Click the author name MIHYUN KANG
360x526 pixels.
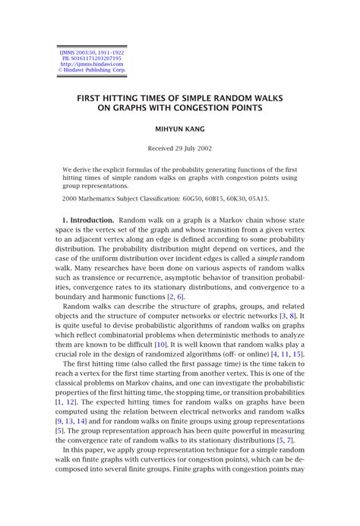[180, 129]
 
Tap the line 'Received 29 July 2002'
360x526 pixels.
[180, 148]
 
